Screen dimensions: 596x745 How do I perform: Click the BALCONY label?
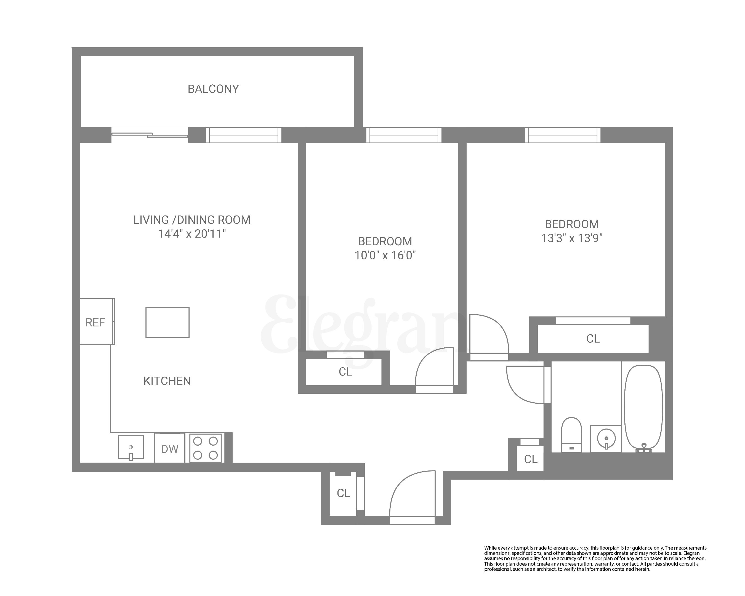(x=213, y=89)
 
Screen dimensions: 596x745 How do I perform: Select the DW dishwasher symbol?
(x=169, y=448)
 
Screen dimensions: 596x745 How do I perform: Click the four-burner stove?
(x=206, y=448)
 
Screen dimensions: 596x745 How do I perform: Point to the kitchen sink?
(x=131, y=447)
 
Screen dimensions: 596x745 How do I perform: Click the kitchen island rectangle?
(x=167, y=322)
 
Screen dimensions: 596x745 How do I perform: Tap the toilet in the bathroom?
(x=571, y=435)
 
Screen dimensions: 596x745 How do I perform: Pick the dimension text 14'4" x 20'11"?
(x=192, y=234)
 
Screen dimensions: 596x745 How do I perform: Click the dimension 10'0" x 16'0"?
(x=385, y=255)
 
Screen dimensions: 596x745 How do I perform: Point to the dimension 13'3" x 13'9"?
(x=571, y=238)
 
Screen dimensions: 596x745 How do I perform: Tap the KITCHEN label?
(x=167, y=381)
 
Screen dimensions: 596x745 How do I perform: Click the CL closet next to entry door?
(x=343, y=493)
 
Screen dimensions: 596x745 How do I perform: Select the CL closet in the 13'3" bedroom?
(x=593, y=339)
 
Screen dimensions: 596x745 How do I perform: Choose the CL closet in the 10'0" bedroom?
(x=345, y=372)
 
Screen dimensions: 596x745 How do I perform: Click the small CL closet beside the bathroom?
(x=530, y=459)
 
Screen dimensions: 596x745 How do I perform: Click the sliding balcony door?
(x=150, y=135)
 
